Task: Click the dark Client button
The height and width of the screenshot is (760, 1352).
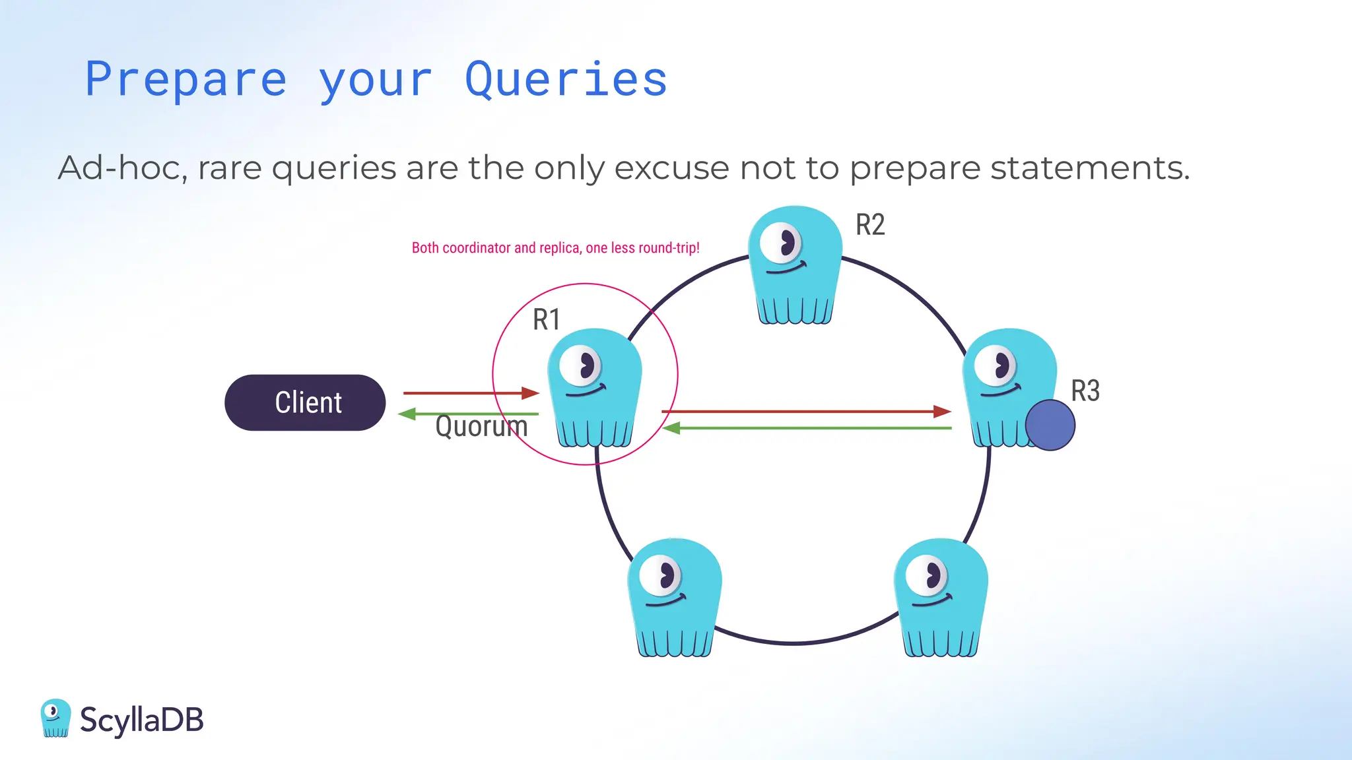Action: click(305, 402)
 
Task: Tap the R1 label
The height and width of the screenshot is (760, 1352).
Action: click(546, 320)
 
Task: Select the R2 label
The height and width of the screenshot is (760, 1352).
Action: click(869, 225)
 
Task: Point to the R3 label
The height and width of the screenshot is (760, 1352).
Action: click(1085, 391)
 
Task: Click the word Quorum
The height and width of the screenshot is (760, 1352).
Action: click(481, 426)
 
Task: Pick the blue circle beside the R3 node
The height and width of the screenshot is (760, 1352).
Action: click(1050, 426)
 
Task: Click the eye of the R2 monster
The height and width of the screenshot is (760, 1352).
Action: click(781, 243)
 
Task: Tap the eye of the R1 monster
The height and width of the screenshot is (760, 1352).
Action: click(581, 365)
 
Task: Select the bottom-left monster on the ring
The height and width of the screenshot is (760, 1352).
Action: click(674, 597)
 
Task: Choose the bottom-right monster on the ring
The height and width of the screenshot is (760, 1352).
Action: click(941, 597)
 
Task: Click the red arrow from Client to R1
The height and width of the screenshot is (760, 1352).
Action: click(469, 393)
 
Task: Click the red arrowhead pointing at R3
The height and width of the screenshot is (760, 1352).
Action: click(942, 412)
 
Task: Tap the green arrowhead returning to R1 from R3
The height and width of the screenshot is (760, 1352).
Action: click(671, 429)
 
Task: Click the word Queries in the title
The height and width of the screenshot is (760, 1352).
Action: click(566, 80)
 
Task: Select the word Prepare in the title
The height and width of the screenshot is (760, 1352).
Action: click(186, 80)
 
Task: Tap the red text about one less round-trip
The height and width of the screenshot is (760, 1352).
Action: click(555, 248)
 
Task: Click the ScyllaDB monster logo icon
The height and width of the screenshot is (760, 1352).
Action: click(55, 718)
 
